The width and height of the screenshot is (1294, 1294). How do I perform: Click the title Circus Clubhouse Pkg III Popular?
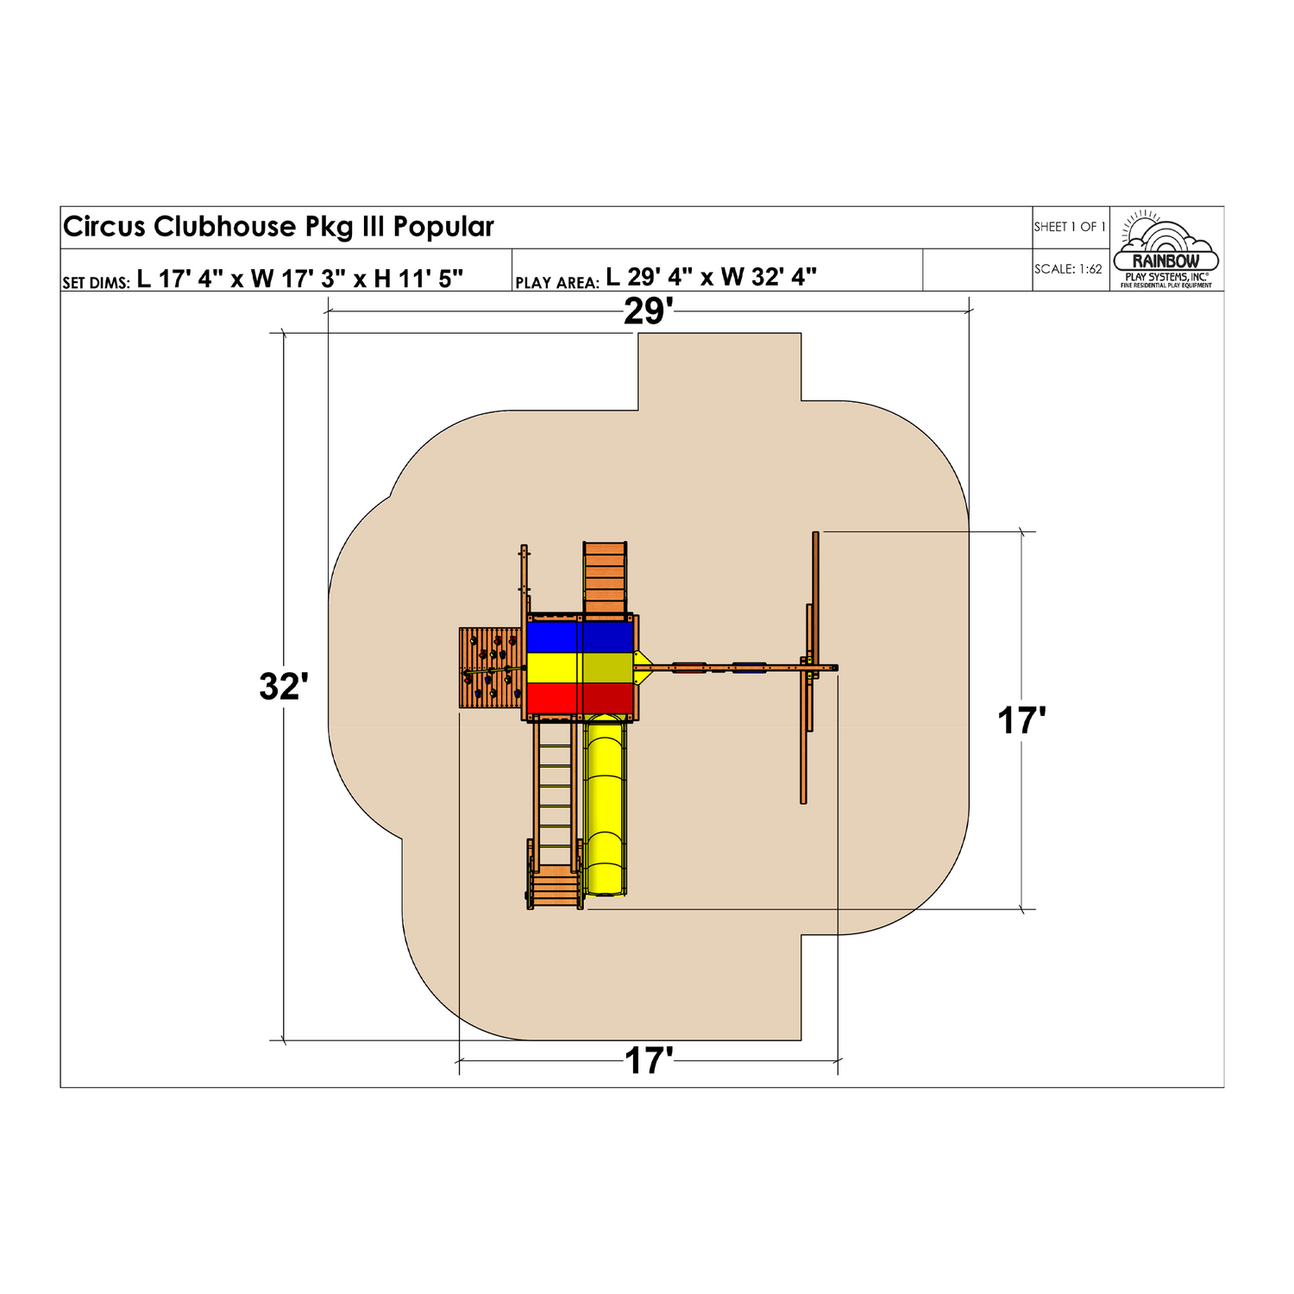coord(278,227)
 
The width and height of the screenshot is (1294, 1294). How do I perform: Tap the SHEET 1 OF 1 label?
coord(1070,227)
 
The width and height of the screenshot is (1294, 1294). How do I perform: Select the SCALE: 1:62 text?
coord(1068,269)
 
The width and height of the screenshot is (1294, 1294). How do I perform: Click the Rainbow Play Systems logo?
coord(1166,249)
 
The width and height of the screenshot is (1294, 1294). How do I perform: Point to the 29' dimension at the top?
coord(648,311)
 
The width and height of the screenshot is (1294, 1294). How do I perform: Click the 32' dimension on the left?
coord(284,687)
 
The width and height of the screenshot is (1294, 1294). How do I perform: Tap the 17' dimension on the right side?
coord(1021,721)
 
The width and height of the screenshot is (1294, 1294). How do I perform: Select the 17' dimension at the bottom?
coord(649,1061)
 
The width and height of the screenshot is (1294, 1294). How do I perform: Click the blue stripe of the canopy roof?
coord(581,637)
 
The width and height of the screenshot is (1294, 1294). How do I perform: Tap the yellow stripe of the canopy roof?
coord(581,668)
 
